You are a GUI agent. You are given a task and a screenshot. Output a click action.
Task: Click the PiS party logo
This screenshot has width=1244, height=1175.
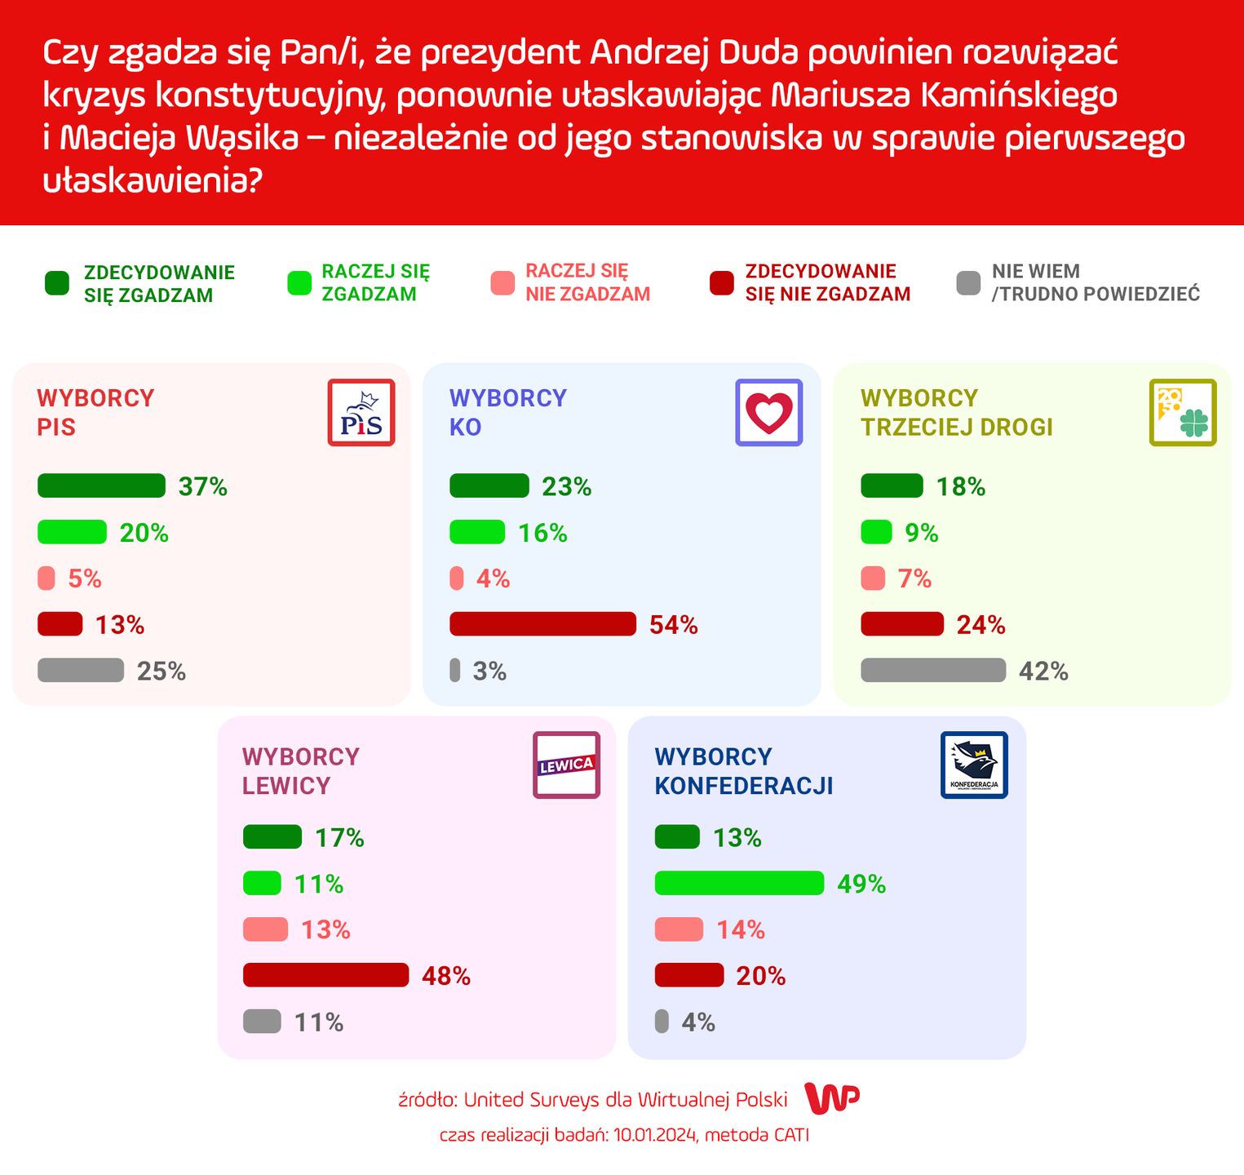coord(361,413)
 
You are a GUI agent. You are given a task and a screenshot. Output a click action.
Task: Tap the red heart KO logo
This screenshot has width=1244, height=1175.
coord(768,413)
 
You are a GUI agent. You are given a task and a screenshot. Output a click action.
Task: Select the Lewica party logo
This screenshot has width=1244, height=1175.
coord(566,765)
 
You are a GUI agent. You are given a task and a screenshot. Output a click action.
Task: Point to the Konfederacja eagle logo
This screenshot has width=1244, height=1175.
coord(974,765)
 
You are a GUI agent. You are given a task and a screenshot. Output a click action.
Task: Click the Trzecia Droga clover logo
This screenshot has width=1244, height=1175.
coord(1183,413)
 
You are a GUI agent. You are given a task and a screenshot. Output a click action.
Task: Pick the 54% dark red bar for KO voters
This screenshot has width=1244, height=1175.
coord(542,624)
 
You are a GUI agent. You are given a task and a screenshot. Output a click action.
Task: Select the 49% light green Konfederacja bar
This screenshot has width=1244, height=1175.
coord(739,884)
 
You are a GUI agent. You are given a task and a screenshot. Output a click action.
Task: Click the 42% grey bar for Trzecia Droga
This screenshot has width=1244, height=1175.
coord(933,671)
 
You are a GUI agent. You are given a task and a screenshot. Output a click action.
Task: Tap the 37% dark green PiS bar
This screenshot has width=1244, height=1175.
coord(101,486)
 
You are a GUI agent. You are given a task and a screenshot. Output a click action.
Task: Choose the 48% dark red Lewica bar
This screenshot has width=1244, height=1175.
coord(325,976)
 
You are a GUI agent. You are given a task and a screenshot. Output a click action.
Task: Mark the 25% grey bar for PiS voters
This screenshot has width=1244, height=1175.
coord(81,671)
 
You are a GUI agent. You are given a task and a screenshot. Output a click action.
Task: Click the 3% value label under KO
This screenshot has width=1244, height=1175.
coord(489,672)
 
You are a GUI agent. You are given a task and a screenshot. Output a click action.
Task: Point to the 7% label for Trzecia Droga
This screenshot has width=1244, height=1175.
coord(914,579)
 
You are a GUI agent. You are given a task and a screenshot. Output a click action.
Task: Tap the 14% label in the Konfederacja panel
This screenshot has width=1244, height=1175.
coord(741,930)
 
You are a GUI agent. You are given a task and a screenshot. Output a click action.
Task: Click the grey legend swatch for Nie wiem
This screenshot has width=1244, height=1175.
coord(967,283)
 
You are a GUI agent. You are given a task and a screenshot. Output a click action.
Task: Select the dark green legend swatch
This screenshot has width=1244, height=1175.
coord(57,283)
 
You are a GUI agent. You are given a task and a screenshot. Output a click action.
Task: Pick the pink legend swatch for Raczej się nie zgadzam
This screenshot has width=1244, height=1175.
coord(502,283)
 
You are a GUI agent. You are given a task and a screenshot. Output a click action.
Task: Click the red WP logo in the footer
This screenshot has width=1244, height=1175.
coord(832,1098)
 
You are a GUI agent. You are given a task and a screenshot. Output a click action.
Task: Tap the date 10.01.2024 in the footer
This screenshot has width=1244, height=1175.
coord(655,1135)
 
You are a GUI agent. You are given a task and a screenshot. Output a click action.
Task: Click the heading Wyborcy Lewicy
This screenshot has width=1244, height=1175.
coord(300,771)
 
